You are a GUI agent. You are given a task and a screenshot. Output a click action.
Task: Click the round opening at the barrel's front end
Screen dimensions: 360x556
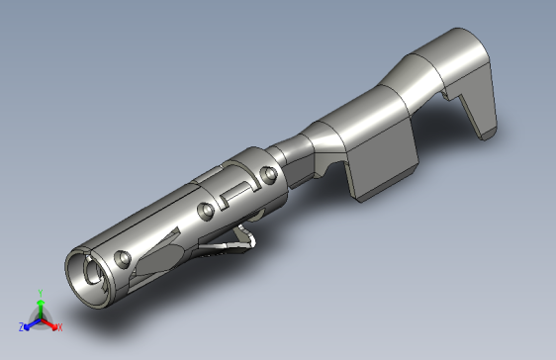click(89, 274)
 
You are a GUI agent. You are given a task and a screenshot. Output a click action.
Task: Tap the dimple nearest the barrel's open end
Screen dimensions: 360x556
click(124, 258)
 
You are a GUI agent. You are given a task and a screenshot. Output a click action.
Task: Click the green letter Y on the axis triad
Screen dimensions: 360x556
click(41, 294)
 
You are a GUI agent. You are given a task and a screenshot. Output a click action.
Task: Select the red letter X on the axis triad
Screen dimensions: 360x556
click(59, 325)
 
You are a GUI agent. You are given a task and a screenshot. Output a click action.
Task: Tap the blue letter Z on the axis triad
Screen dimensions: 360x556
click(21, 325)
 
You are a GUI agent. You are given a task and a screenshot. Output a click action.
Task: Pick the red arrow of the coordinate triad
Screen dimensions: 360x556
click(50, 322)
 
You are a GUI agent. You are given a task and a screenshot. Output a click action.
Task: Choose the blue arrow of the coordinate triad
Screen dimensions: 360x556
click(30, 322)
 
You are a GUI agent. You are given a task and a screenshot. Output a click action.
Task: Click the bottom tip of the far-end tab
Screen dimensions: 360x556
click(486, 134)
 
